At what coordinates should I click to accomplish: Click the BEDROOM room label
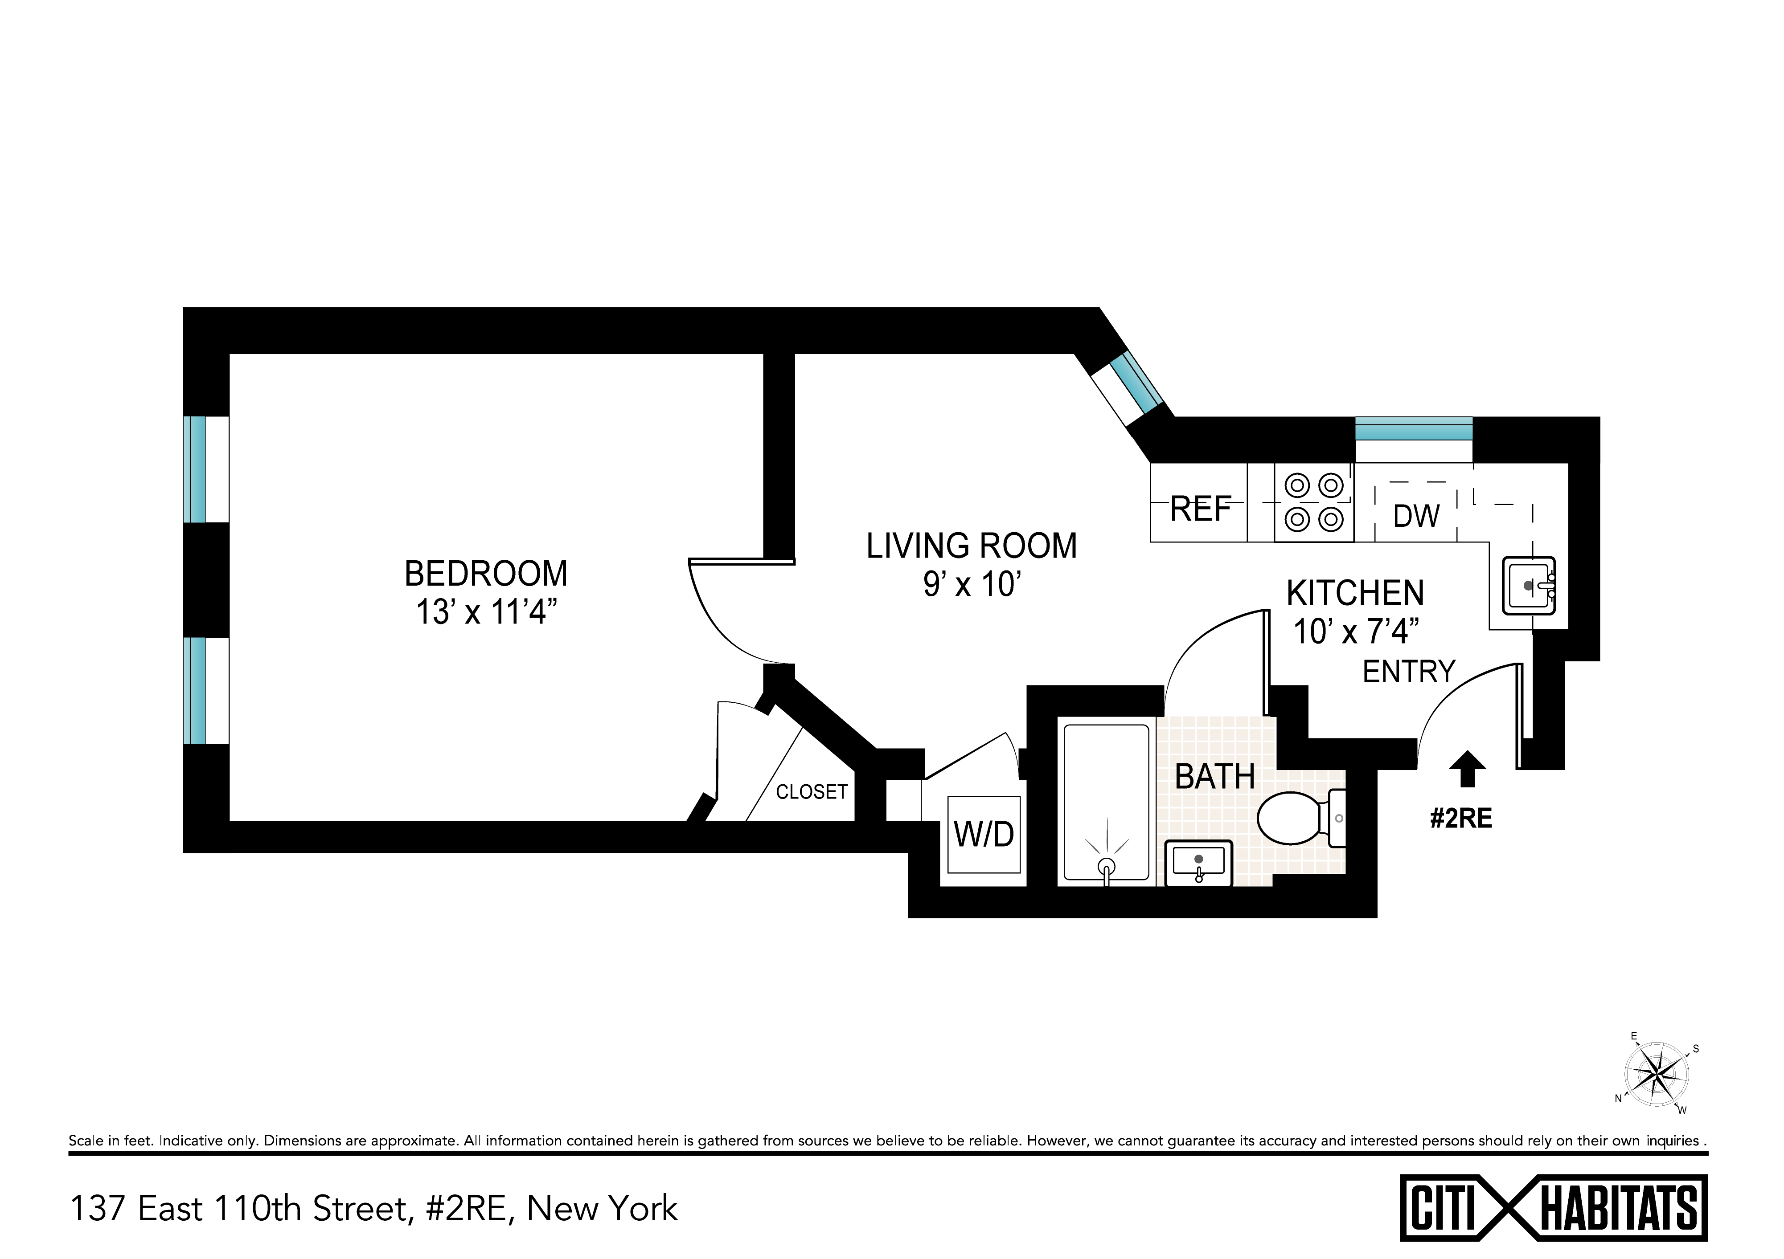(x=486, y=574)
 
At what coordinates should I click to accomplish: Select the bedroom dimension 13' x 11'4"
(x=487, y=613)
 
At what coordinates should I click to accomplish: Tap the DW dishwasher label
(x=1416, y=516)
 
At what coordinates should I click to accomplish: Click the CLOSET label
(x=811, y=792)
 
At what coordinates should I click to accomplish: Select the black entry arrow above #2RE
(x=1468, y=769)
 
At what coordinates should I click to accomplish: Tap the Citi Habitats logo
(x=1554, y=1209)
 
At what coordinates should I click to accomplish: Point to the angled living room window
(x=1136, y=382)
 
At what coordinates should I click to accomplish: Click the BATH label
(x=1214, y=777)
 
